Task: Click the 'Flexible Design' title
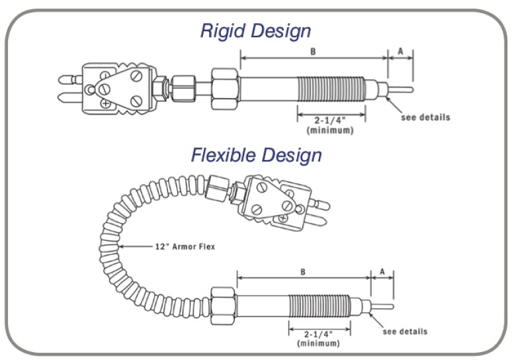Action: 257,155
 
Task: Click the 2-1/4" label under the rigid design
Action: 331,120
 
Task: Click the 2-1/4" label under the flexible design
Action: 318,334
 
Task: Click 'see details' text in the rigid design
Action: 425,118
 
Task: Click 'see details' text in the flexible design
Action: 405,331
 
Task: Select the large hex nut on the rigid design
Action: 225,87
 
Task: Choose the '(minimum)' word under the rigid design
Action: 330,130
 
